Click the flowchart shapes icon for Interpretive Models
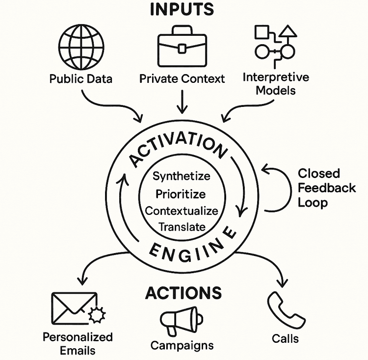276,46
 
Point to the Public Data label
81,79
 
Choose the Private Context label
182,78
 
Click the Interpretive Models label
276,84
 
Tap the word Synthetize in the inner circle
181,176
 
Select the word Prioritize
181,194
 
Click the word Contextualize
181,210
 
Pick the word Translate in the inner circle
181,227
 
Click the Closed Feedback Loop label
326,188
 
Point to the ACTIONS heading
184,293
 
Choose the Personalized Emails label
78,343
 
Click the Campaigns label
182,345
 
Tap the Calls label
285,338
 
